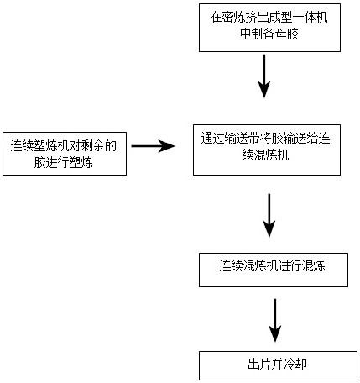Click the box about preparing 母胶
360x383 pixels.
(269, 28)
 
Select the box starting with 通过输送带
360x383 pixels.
(267, 150)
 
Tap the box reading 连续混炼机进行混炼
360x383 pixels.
(274, 270)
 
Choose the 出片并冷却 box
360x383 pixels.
(278, 365)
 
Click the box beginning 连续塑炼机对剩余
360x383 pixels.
(65, 154)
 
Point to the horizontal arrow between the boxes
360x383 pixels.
(153, 146)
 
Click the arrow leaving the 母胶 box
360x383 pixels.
(264, 76)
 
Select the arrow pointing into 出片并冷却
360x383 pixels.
(275, 321)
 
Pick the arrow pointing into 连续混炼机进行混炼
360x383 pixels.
(269, 216)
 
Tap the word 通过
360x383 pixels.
(213, 138)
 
